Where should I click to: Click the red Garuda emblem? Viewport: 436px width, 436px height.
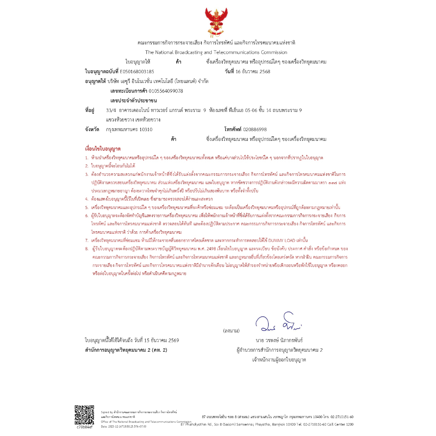click(x=217, y=21)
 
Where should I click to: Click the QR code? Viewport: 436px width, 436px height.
click(x=84, y=414)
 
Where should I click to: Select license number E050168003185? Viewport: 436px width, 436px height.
click(x=137, y=72)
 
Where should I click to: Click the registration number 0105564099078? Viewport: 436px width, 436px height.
click(x=160, y=91)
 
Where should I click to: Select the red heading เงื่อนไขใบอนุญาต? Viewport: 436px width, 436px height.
click(x=103, y=149)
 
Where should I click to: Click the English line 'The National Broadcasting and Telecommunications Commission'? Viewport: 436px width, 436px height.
click(x=216, y=52)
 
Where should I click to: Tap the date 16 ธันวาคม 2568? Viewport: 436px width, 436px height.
click(x=253, y=72)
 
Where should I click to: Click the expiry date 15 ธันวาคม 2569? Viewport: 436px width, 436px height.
click(x=157, y=341)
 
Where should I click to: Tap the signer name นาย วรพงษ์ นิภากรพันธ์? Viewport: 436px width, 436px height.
click(x=279, y=341)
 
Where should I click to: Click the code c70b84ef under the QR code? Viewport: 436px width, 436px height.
click(x=84, y=427)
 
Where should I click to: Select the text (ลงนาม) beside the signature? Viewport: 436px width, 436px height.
click(x=231, y=331)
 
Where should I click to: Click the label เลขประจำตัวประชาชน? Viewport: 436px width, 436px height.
click(x=134, y=100)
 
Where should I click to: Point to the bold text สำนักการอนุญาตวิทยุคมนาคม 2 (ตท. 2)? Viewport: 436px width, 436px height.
click(x=126, y=350)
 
